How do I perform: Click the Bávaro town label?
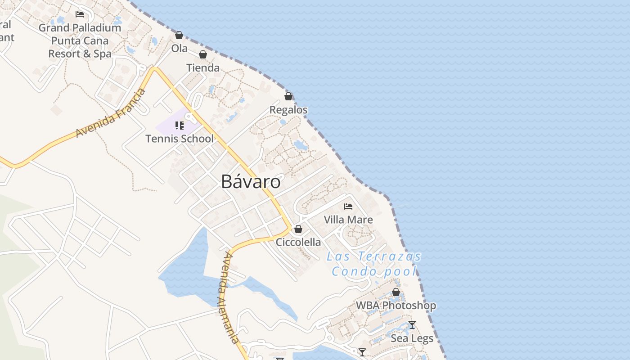[x=251, y=181]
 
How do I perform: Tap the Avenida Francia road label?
[x=111, y=113]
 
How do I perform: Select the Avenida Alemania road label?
[x=230, y=298]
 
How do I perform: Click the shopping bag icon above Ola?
[x=179, y=35]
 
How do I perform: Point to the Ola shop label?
[x=179, y=48]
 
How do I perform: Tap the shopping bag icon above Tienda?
[x=203, y=55]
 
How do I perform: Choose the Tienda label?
[x=203, y=68]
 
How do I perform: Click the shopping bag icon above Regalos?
[x=288, y=96]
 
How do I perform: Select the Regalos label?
[x=288, y=110]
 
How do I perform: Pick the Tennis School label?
[x=180, y=139]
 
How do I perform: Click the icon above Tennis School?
[x=180, y=125]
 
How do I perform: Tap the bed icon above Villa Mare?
[x=348, y=207]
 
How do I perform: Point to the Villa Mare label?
[x=348, y=220]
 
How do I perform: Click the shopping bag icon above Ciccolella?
[x=298, y=229]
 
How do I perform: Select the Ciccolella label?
[x=298, y=242]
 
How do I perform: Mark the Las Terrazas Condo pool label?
[x=374, y=264]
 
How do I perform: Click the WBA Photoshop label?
[x=396, y=306]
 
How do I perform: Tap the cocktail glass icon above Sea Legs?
[x=412, y=325]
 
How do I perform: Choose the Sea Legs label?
[x=412, y=338]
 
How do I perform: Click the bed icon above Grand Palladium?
[x=80, y=14]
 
